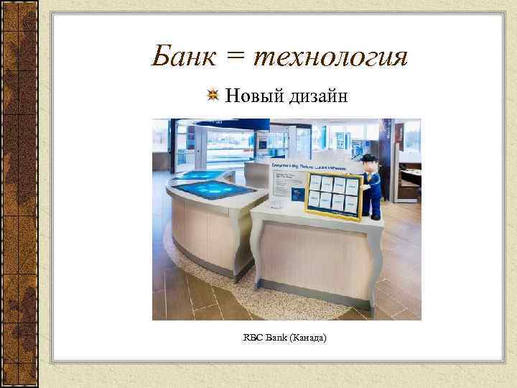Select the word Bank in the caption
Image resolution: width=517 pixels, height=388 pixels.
point(276,336)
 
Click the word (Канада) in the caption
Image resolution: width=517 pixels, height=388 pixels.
point(308,336)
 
